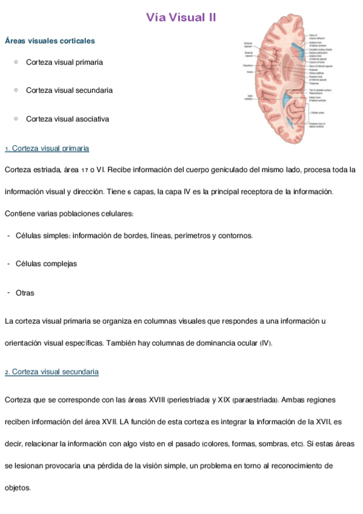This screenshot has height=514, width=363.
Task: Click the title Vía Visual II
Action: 181,18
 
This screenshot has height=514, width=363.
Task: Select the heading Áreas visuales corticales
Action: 50,41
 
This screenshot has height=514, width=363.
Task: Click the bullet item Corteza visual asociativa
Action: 67,119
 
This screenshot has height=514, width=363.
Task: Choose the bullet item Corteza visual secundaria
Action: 69,90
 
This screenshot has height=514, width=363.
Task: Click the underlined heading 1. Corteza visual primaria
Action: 47,149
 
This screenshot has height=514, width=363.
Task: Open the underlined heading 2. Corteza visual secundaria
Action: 52,372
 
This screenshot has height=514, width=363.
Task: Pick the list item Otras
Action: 25,293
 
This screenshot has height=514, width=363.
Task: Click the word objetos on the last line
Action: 17,487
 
